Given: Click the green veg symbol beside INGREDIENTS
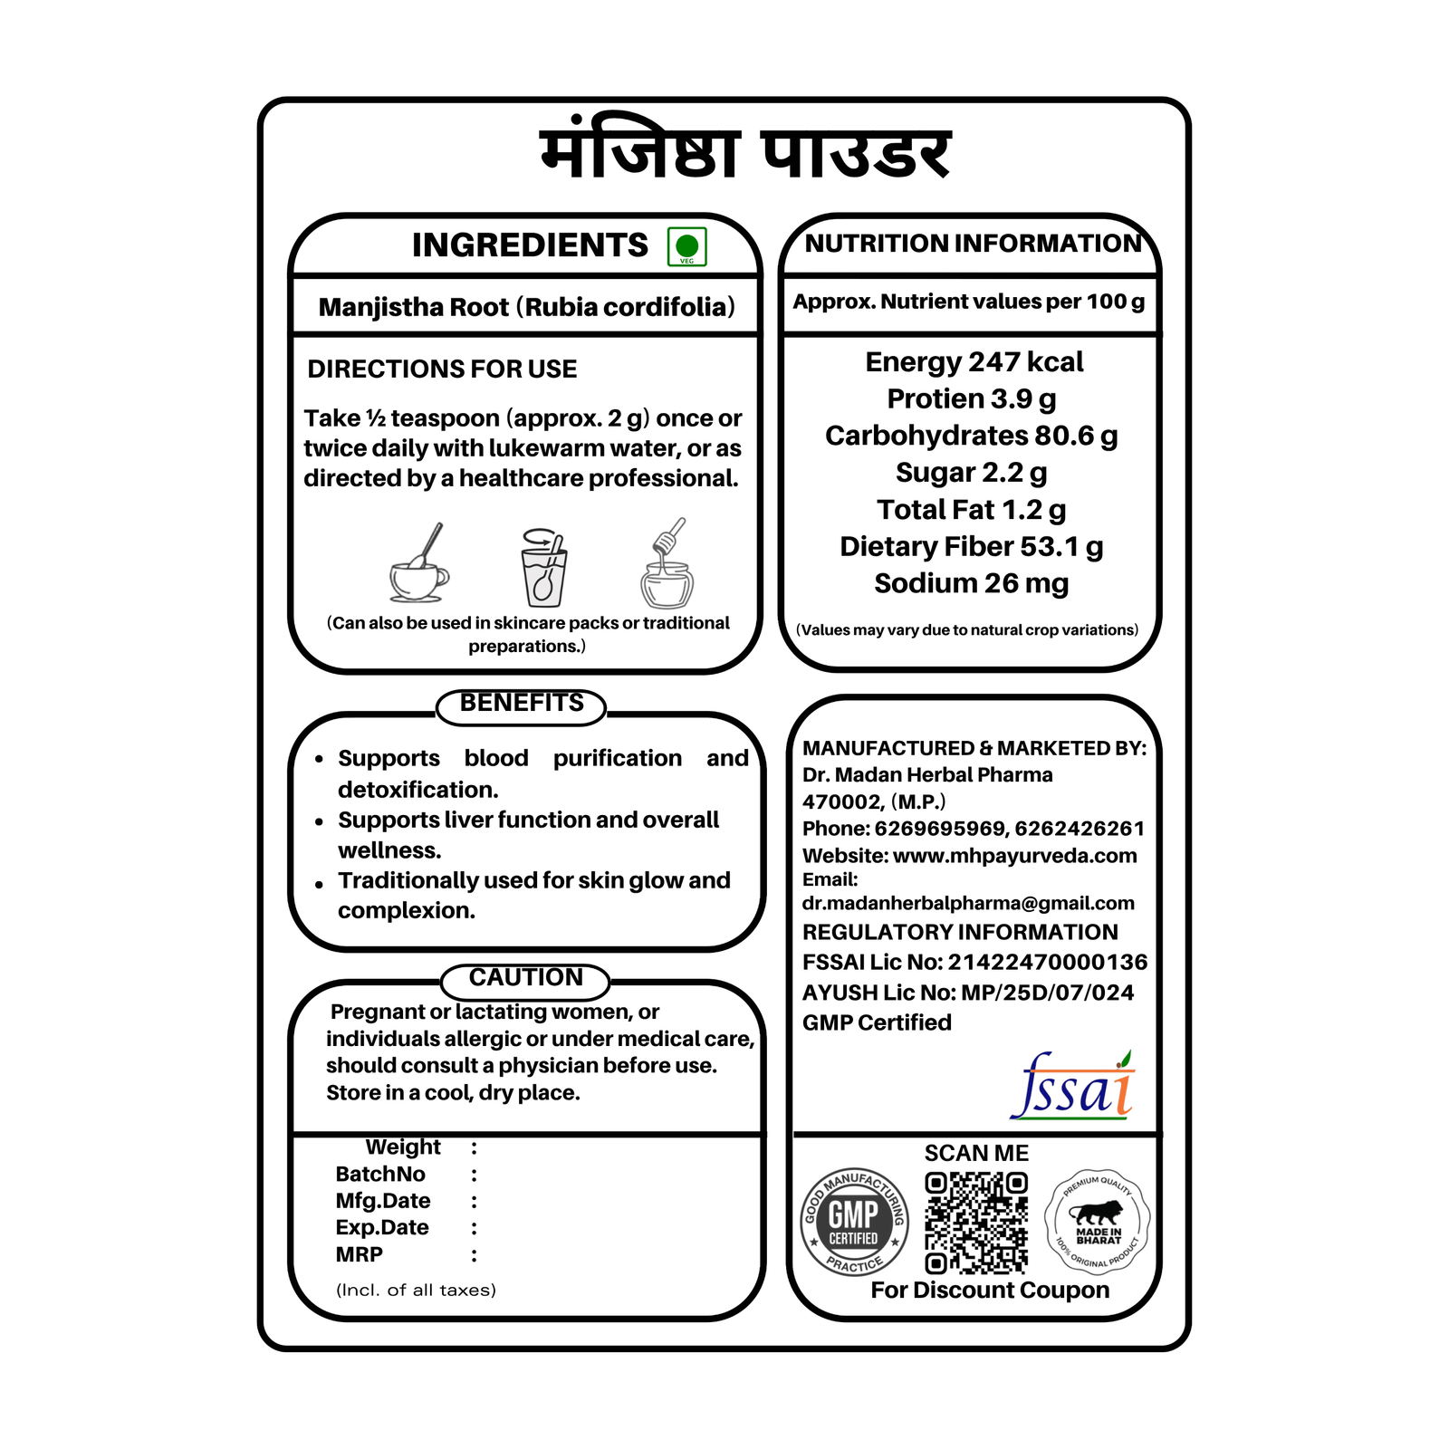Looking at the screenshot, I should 686,246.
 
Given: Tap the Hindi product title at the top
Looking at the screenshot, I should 744,154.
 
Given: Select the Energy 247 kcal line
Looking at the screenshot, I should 974,362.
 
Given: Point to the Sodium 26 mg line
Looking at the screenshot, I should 971,583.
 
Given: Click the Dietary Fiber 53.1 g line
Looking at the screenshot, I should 971,547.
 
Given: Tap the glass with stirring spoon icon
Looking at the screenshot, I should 543,569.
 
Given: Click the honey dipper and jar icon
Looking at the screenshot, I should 667,565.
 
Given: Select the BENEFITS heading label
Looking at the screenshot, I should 522,704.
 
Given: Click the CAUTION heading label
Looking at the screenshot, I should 525,978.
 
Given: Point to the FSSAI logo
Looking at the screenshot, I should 1073,1086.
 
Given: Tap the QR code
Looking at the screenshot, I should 976,1223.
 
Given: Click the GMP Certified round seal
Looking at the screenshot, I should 854,1222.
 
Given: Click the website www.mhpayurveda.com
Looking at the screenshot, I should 1014,856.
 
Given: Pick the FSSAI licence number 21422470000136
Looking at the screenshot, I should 1047,962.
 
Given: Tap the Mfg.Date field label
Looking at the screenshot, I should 383,1201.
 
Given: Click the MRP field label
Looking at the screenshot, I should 360,1254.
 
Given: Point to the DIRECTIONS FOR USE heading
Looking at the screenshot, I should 442,369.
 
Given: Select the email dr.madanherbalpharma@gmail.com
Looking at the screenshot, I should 968,903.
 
